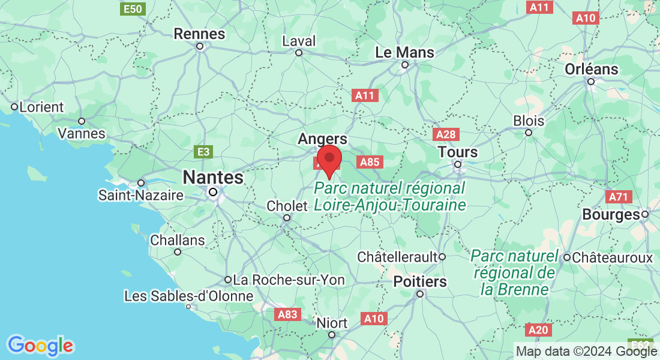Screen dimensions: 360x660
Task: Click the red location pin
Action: coord(329,160)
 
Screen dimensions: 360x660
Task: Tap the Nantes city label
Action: coord(213,178)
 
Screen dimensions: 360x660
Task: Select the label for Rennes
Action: coord(199,34)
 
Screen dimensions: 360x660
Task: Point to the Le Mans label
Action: coord(404,52)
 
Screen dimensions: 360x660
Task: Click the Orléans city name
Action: coord(591,69)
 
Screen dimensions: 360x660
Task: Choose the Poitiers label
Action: coord(420,281)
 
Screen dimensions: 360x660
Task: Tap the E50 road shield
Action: coord(132,8)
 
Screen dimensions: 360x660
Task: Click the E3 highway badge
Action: coord(205,152)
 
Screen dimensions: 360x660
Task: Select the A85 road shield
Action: coord(369,161)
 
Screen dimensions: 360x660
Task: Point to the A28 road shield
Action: coord(446,134)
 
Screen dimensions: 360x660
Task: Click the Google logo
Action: coord(40,346)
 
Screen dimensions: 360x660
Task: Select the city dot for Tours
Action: coord(457,164)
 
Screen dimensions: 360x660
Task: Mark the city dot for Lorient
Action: coord(14,107)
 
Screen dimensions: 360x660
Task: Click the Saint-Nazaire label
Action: coord(141,195)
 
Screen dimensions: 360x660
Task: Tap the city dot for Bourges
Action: coord(645,214)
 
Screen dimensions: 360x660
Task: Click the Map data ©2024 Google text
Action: coord(587,351)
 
